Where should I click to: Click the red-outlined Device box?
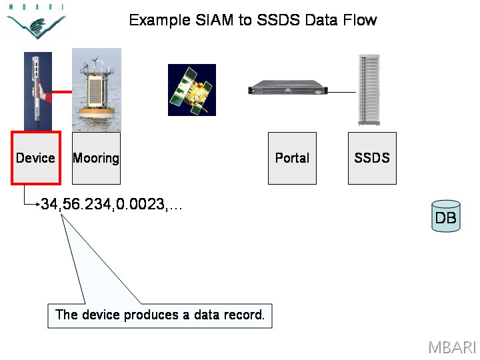(x=36, y=158)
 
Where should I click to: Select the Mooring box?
(x=96, y=158)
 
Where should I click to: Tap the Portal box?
(x=292, y=158)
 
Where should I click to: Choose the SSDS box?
(x=372, y=158)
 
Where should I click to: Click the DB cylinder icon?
(x=446, y=216)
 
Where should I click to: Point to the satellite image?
(x=192, y=90)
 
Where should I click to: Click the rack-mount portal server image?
(x=288, y=87)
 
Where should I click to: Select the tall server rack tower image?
(x=369, y=90)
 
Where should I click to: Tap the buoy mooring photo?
(x=97, y=90)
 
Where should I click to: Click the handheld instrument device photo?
(x=38, y=91)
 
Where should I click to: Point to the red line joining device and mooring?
(x=62, y=91)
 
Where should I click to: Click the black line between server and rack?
(x=341, y=92)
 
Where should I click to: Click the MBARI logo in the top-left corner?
(x=36, y=21)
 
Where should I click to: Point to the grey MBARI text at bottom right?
(x=452, y=347)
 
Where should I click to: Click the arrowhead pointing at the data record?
(x=39, y=204)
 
